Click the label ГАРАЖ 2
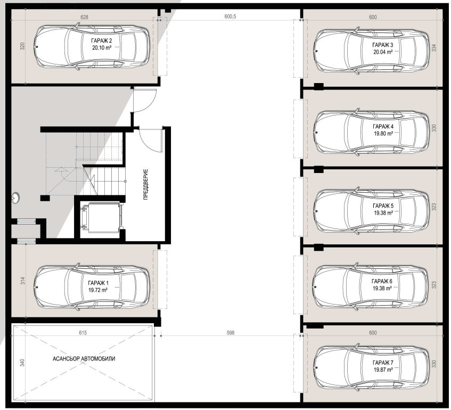(x=101, y=41)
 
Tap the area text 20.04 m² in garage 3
(x=383, y=52)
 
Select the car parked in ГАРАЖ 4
(x=371, y=133)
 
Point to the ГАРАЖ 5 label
(x=383, y=206)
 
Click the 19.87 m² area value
(x=383, y=370)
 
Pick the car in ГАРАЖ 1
(x=92, y=286)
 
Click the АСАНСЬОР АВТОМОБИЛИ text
(x=84, y=359)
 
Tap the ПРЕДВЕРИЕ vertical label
(x=145, y=184)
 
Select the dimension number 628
(x=84, y=17)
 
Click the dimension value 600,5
(x=230, y=17)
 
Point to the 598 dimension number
(x=231, y=333)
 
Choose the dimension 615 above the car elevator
(x=83, y=333)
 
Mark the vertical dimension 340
(x=22, y=363)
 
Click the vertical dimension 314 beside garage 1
(x=23, y=281)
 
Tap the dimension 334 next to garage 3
(x=434, y=48)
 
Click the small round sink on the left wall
(x=15, y=198)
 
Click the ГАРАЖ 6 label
(x=382, y=281)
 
